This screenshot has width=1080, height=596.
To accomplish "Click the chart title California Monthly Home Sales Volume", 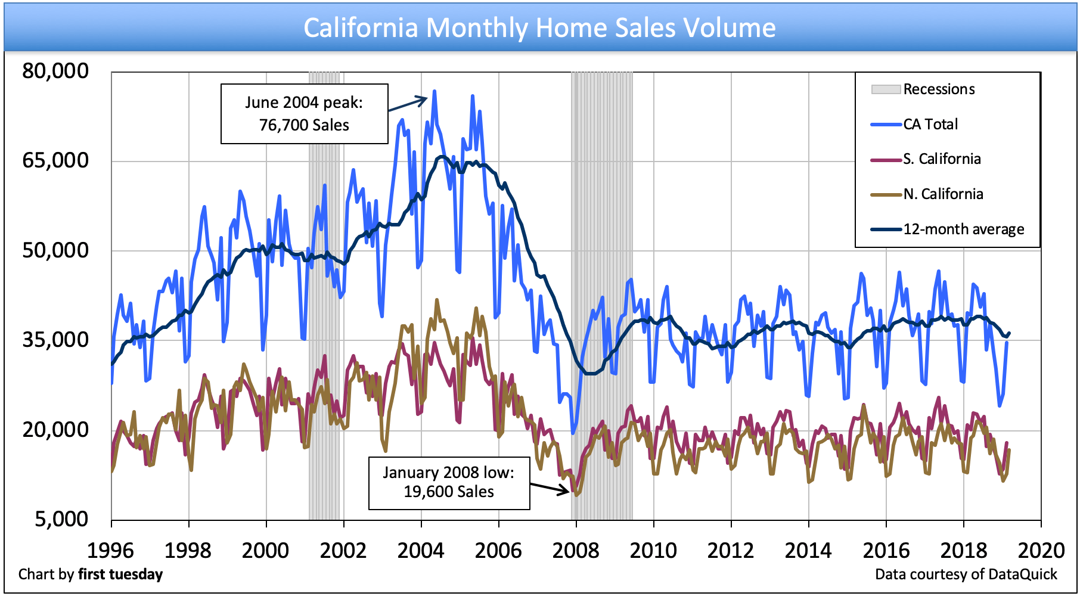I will click(x=539, y=27).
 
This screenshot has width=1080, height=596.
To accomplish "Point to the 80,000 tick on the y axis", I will click(x=55, y=71).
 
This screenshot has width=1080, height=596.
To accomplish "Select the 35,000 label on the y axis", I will click(x=55, y=340).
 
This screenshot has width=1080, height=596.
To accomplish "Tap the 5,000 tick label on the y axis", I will click(x=61, y=519).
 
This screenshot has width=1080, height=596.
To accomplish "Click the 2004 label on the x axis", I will click(x=421, y=550).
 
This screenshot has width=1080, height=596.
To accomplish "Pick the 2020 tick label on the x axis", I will click(x=1041, y=550).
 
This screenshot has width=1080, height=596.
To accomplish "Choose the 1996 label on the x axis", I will click(x=111, y=550).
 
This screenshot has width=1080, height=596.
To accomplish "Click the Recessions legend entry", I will click(x=939, y=89).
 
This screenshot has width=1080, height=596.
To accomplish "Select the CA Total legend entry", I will click(x=930, y=124).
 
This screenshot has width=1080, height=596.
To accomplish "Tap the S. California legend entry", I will click(x=942, y=159).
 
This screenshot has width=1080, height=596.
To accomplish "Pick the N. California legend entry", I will click(x=943, y=194).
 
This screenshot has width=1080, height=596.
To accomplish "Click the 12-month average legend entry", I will click(x=963, y=229).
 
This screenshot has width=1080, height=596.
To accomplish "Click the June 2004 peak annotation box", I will click(x=304, y=114).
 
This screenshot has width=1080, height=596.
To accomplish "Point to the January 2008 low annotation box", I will click(x=449, y=482).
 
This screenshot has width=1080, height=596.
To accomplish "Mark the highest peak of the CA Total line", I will click(x=435, y=91).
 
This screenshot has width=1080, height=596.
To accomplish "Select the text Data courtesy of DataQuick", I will click(x=966, y=575).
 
